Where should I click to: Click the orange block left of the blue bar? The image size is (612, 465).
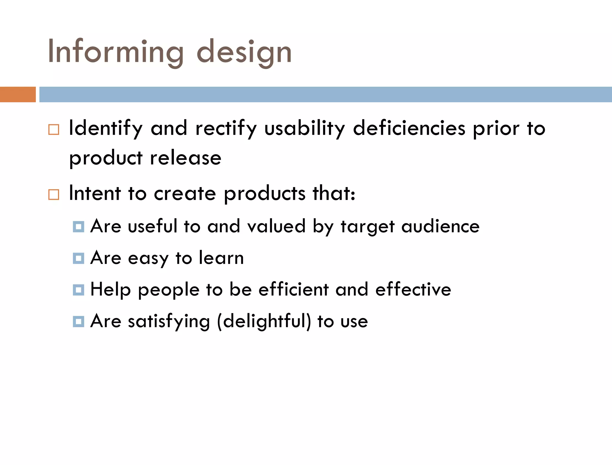(18, 94)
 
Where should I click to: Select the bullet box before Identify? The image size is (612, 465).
(54, 130)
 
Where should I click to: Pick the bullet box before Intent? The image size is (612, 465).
(54, 195)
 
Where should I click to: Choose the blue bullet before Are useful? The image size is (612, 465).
(78, 227)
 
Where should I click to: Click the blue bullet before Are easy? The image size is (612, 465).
(78, 258)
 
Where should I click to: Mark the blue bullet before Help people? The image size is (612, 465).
(78, 290)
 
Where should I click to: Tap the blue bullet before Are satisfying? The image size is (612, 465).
(78, 322)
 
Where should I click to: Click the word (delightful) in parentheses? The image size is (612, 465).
(264, 322)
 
